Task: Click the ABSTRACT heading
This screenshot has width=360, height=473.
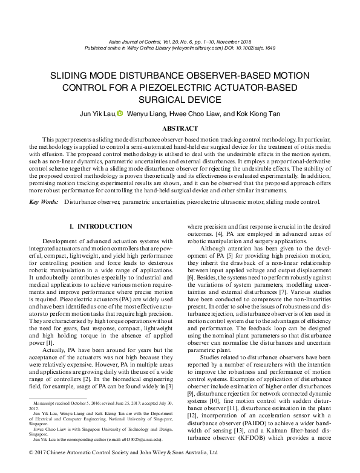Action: [180, 128]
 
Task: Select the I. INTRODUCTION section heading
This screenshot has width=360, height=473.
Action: [101, 226]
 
